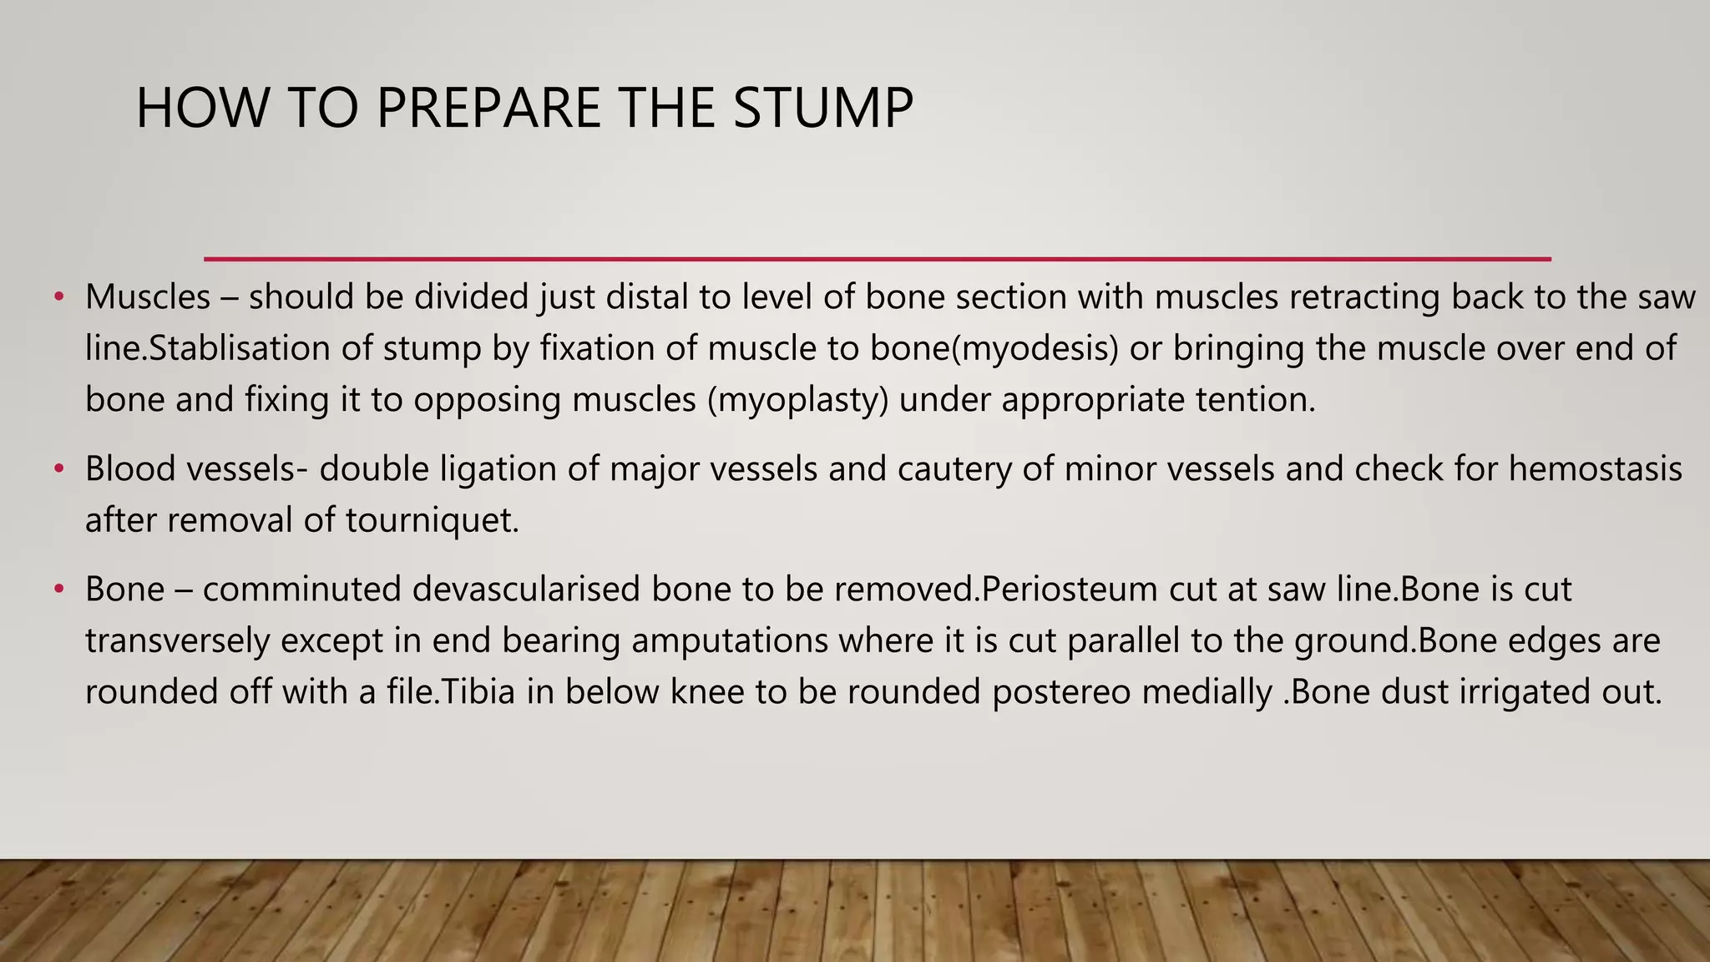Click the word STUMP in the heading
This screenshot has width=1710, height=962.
[x=823, y=109]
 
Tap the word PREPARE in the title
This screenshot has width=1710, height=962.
[x=488, y=109]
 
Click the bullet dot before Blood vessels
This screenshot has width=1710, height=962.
[x=58, y=469]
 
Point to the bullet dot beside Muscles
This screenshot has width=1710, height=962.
[x=58, y=297]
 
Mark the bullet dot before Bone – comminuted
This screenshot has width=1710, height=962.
[x=58, y=590]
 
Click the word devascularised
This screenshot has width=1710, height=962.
[x=526, y=590]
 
